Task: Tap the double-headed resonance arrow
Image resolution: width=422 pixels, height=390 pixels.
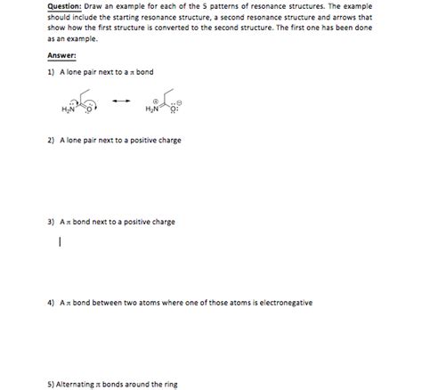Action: [121, 100]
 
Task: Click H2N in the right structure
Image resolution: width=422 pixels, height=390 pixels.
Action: [150, 110]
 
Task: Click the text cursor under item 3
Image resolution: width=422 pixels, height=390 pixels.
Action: [60, 241]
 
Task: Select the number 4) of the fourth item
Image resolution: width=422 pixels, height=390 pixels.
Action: [52, 303]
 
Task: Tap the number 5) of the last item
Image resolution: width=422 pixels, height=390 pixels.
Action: [51, 384]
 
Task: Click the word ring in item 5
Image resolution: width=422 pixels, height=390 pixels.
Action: [171, 384]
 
